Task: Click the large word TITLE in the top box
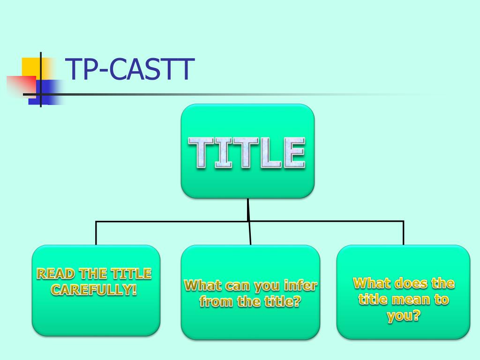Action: point(247,153)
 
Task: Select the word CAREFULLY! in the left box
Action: point(94,289)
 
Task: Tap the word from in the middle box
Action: point(217,301)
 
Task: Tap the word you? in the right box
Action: point(403,316)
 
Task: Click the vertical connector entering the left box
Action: point(96,233)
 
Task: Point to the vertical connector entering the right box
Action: point(403,233)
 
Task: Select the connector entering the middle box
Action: point(249,233)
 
